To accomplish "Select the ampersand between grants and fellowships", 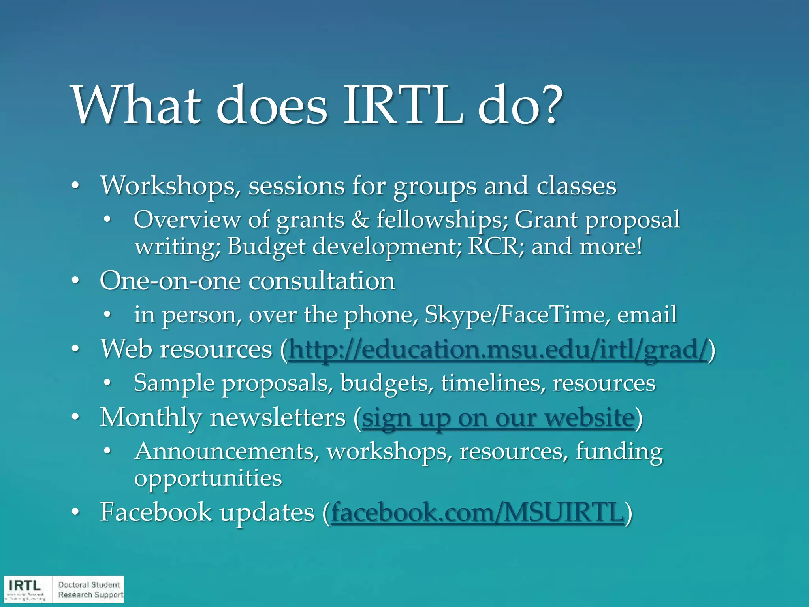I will pos(360,220).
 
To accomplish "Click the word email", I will pos(647,315).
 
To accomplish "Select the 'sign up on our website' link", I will pos(498,418).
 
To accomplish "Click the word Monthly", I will pos(151,418).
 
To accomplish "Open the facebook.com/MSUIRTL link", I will pos(477,513).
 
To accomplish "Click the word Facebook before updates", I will pos(156,512).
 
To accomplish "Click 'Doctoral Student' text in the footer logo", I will pos(89,584).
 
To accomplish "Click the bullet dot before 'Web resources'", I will pos(75,349).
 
